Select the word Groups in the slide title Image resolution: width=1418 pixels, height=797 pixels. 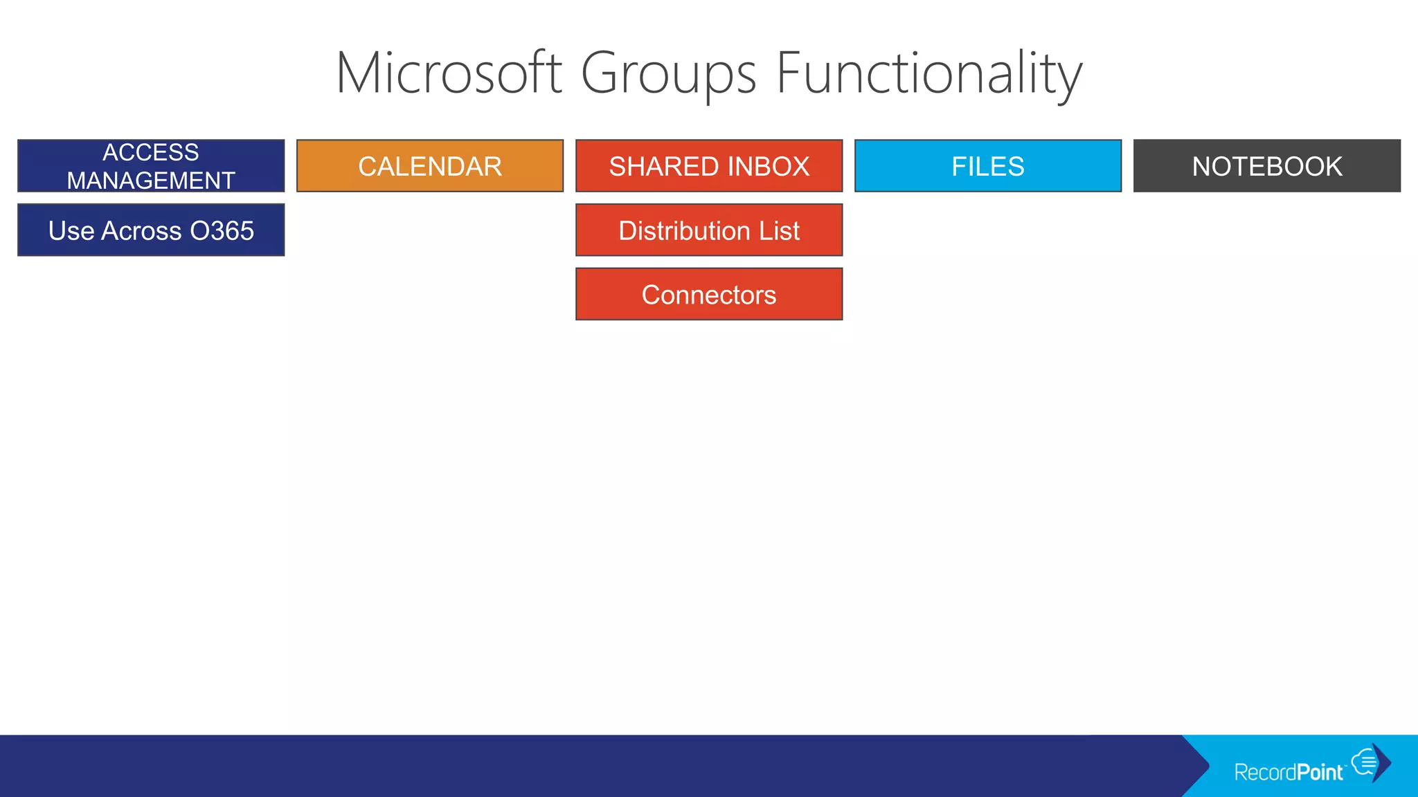[668, 73]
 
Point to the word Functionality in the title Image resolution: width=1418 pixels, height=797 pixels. [928, 73]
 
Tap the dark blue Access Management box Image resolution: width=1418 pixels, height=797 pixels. [151, 166]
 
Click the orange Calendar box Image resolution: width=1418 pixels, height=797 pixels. [430, 166]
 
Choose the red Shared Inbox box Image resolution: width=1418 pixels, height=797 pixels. [709, 166]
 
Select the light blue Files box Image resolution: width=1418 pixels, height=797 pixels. [988, 166]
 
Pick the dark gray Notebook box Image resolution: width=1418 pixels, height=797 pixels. [1267, 166]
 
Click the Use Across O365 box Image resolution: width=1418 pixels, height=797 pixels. [151, 230]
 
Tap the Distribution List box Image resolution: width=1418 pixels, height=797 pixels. [709, 230]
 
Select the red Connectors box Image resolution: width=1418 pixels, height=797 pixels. [709, 295]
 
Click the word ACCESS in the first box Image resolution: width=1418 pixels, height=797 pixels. [151, 152]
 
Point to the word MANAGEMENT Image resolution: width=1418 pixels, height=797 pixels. [151, 181]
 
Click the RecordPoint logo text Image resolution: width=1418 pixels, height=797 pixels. [1289, 772]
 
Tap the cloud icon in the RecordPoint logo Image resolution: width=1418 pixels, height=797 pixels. [1365, 762]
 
